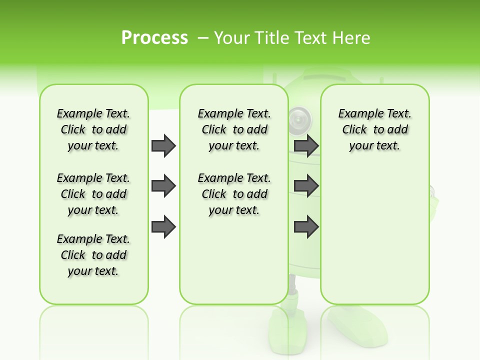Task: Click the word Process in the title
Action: (x=154, y=38)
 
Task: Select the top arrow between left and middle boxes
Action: (x=163, y=145)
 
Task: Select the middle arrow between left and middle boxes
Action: (x=163, y=186)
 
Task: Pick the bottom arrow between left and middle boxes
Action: (x=163, y=227)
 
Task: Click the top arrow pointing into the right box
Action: (x=306, y=145)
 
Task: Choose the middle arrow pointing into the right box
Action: (x=306, y=186)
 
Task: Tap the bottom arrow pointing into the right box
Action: (x=306, y=227)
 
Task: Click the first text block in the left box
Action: (x=93, y=129)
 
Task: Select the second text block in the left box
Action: (x=93, y=194)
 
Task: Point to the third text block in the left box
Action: (x=93, y=255)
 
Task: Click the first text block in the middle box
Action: (x=234, y=129)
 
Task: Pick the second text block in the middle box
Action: (x=234, y=194)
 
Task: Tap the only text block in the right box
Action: (x=374, y=129)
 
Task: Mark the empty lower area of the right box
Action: (x=374, y=235)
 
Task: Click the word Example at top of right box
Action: (x=356, y=113)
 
